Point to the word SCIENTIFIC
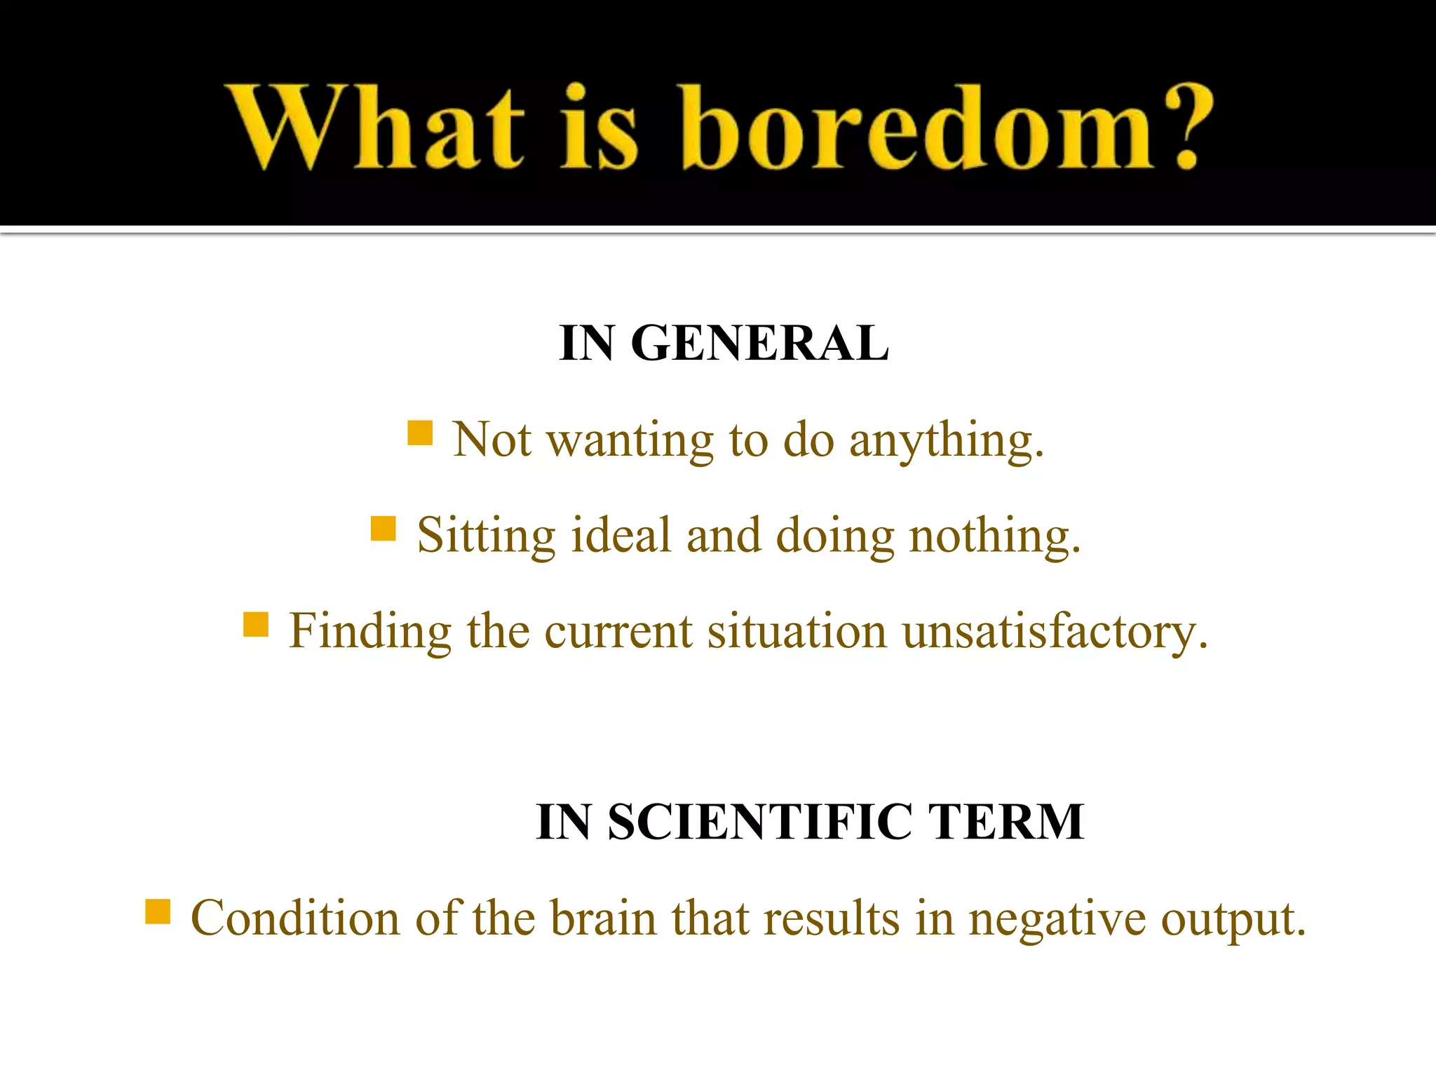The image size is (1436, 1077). pyautogui.click(x=760, y=822)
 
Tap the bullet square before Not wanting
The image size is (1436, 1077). pyautogui.click(x=420, y=433)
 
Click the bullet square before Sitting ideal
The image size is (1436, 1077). pyautogui.click(x=383, y=529)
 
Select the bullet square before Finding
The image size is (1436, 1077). pyautogui.click(x=256, y=624)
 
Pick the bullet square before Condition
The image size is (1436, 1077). pyautogui.click(x=158, y=912)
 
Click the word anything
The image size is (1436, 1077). pyautogui.click(x=947, y=442)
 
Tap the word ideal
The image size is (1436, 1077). pyautogui.click(x=621, y=536)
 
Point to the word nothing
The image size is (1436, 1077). pyautogui.click(x=995, y=537)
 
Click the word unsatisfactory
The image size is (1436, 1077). pyautogui.click(x=1055, y=632)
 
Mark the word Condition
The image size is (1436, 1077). pyautogui.click(x=295, y=919)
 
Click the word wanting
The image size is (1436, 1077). pyautogui.click(x=630, y=442)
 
